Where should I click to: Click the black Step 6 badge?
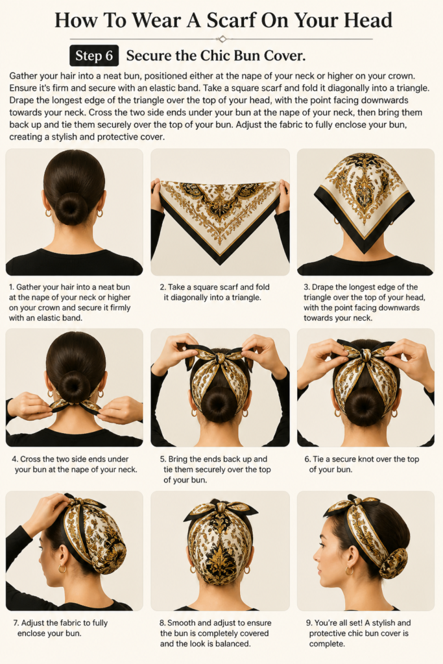pos(94,56)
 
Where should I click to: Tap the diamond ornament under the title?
pos(222,39)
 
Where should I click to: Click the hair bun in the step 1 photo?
pos(71,209)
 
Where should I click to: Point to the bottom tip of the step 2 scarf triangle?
pos(221,265)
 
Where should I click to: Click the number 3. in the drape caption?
pos(307,287)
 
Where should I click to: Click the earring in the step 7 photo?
pos(62,569)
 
